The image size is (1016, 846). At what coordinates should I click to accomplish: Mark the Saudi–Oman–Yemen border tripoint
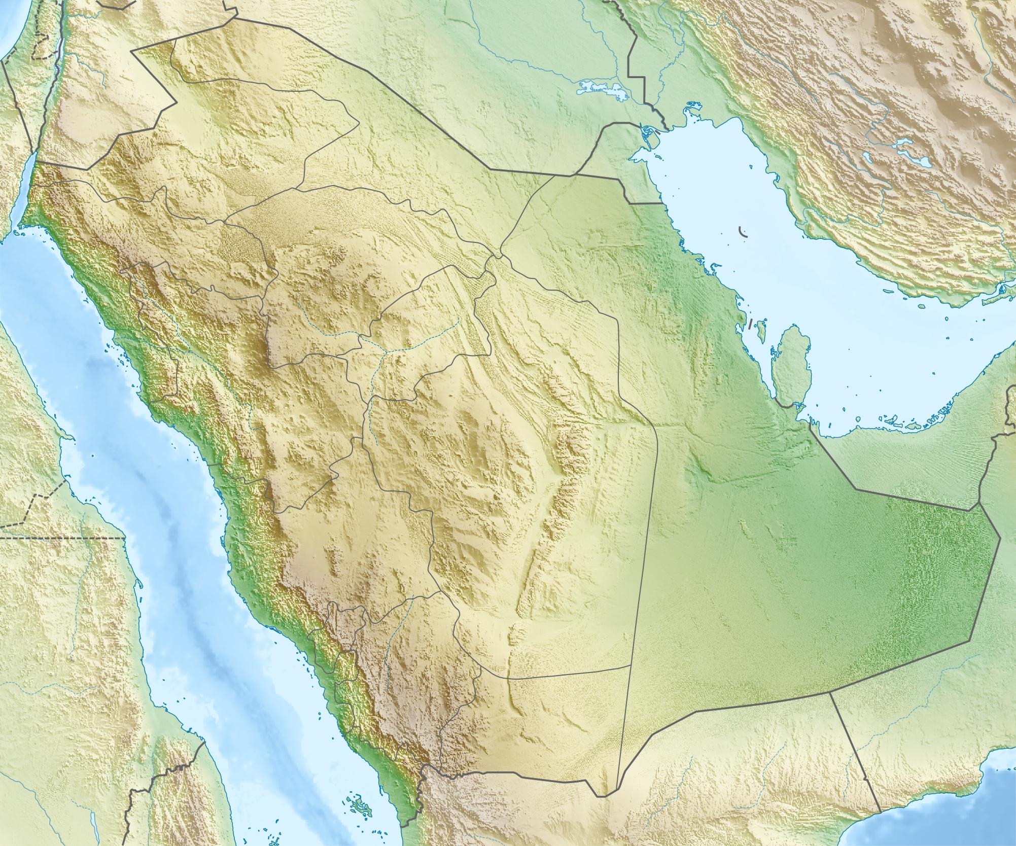(830, 691)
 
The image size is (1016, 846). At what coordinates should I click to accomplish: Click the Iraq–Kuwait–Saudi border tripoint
(576, 175)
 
